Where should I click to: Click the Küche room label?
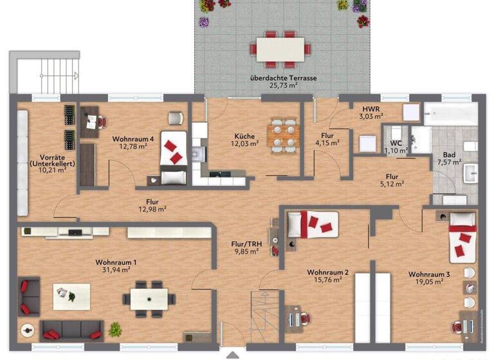(244, 136)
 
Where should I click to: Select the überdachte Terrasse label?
(284, 78)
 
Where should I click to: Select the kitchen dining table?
(283, 135)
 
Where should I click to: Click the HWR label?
(370, 109)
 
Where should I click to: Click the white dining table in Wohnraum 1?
(149, 298)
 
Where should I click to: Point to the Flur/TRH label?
(246, 244)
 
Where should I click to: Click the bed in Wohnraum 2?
(311, 224)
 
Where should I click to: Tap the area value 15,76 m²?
(328, 280)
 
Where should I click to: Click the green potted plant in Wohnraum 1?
(115, 330)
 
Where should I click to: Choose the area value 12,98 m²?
(152, 209)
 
